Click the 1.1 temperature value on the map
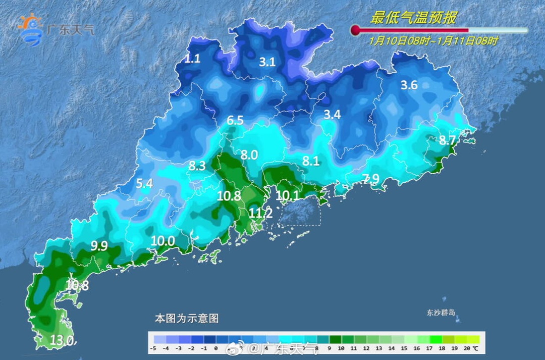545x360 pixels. (x=192, y=59)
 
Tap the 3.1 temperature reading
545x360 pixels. (x=267, y=62)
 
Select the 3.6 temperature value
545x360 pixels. (x=409, y=85)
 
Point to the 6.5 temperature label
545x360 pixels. (x=235, y=120)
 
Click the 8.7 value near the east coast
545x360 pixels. (x=448, y=140)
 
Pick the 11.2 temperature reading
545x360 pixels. (x=261, y=214)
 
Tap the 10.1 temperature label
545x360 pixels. (x=288, y=195)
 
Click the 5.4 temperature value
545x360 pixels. (x=144, y=184)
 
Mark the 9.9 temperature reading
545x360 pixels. (x=99, y=246)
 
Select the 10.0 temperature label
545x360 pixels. (x=162, y=241)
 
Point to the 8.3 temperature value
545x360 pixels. (x=197, y=165)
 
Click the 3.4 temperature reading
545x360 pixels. (x=332, y=115)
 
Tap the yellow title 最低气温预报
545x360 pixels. (x=413, y=19)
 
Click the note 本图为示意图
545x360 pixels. (x=186, y=319)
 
